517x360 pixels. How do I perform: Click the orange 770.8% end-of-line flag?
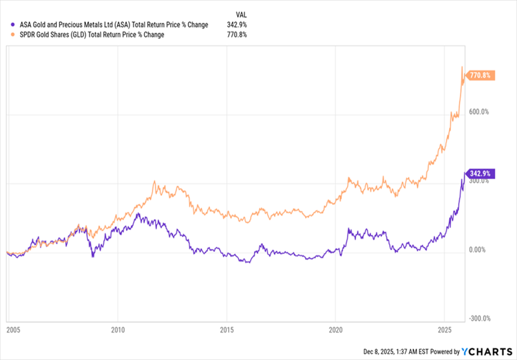[x=482, y=76]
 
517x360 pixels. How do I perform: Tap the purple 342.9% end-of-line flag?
[x=482, y=174]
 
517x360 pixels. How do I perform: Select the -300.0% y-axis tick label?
[x=480, y=319]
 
